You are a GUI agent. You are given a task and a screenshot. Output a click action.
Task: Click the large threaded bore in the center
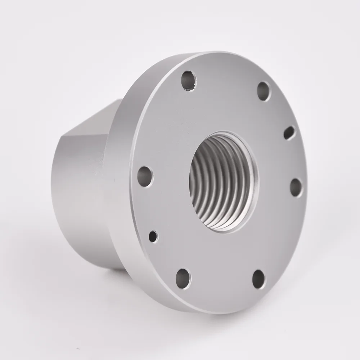pos(223,182)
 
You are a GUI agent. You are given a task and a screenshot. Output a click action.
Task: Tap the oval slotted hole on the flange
pos(289,132)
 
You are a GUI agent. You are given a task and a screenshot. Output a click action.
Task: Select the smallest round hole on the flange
pos(153,236)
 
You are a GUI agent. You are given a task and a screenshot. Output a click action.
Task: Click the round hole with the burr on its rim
pos(188,81)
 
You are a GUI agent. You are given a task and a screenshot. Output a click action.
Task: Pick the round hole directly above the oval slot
pos(264,91)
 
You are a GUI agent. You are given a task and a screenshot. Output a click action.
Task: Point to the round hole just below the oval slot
pos(296,187)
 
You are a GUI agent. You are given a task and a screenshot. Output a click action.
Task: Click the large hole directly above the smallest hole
pos(145,176)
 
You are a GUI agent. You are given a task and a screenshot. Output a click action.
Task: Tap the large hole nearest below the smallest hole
pos(183,278)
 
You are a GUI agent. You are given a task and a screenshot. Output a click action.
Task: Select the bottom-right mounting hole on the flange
pos(259,279)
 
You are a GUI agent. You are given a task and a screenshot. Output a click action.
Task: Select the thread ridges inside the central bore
pos(216,184)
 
